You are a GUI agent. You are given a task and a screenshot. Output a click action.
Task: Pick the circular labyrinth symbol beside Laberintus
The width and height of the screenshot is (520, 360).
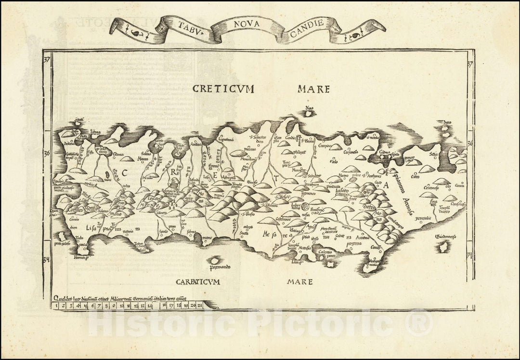click(x=305, y=207)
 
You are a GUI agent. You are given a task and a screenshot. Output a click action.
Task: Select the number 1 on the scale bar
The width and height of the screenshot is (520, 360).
click(x=57, y=305)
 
